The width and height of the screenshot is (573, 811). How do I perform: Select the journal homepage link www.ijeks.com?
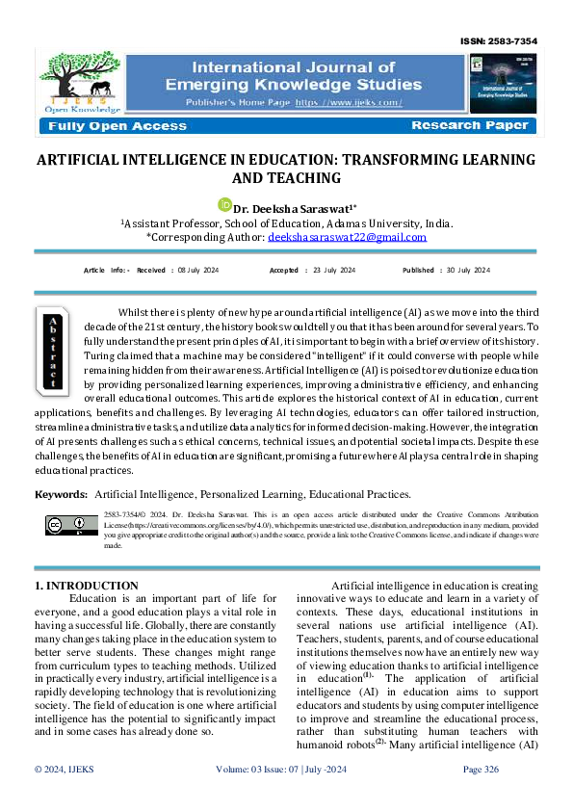point(349,102)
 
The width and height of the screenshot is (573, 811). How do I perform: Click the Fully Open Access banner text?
point(114,126)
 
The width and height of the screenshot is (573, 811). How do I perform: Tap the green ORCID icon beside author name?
point(225,204)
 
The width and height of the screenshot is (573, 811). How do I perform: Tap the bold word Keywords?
point(61,494)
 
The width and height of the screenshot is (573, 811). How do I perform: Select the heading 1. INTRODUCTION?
point(86,585)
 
